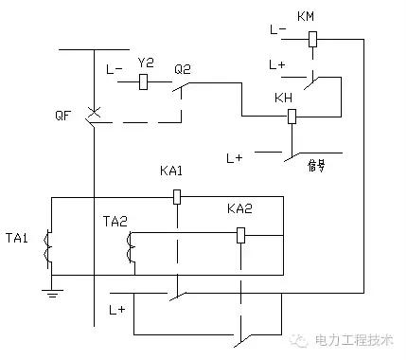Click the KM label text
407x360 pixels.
(306, 17)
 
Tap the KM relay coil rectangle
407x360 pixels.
(311, 40)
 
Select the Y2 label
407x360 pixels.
(145, 63)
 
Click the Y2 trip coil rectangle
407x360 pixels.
(144, 82)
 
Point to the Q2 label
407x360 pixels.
(182, 68)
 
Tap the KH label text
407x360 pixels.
(282, 99)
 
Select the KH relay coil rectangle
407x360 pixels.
(292, 117)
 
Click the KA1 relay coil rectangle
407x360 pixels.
(176, 197)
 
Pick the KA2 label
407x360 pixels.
(239, 208)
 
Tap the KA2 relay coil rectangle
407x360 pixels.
(240, 234)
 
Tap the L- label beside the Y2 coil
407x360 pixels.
(114, 69)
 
